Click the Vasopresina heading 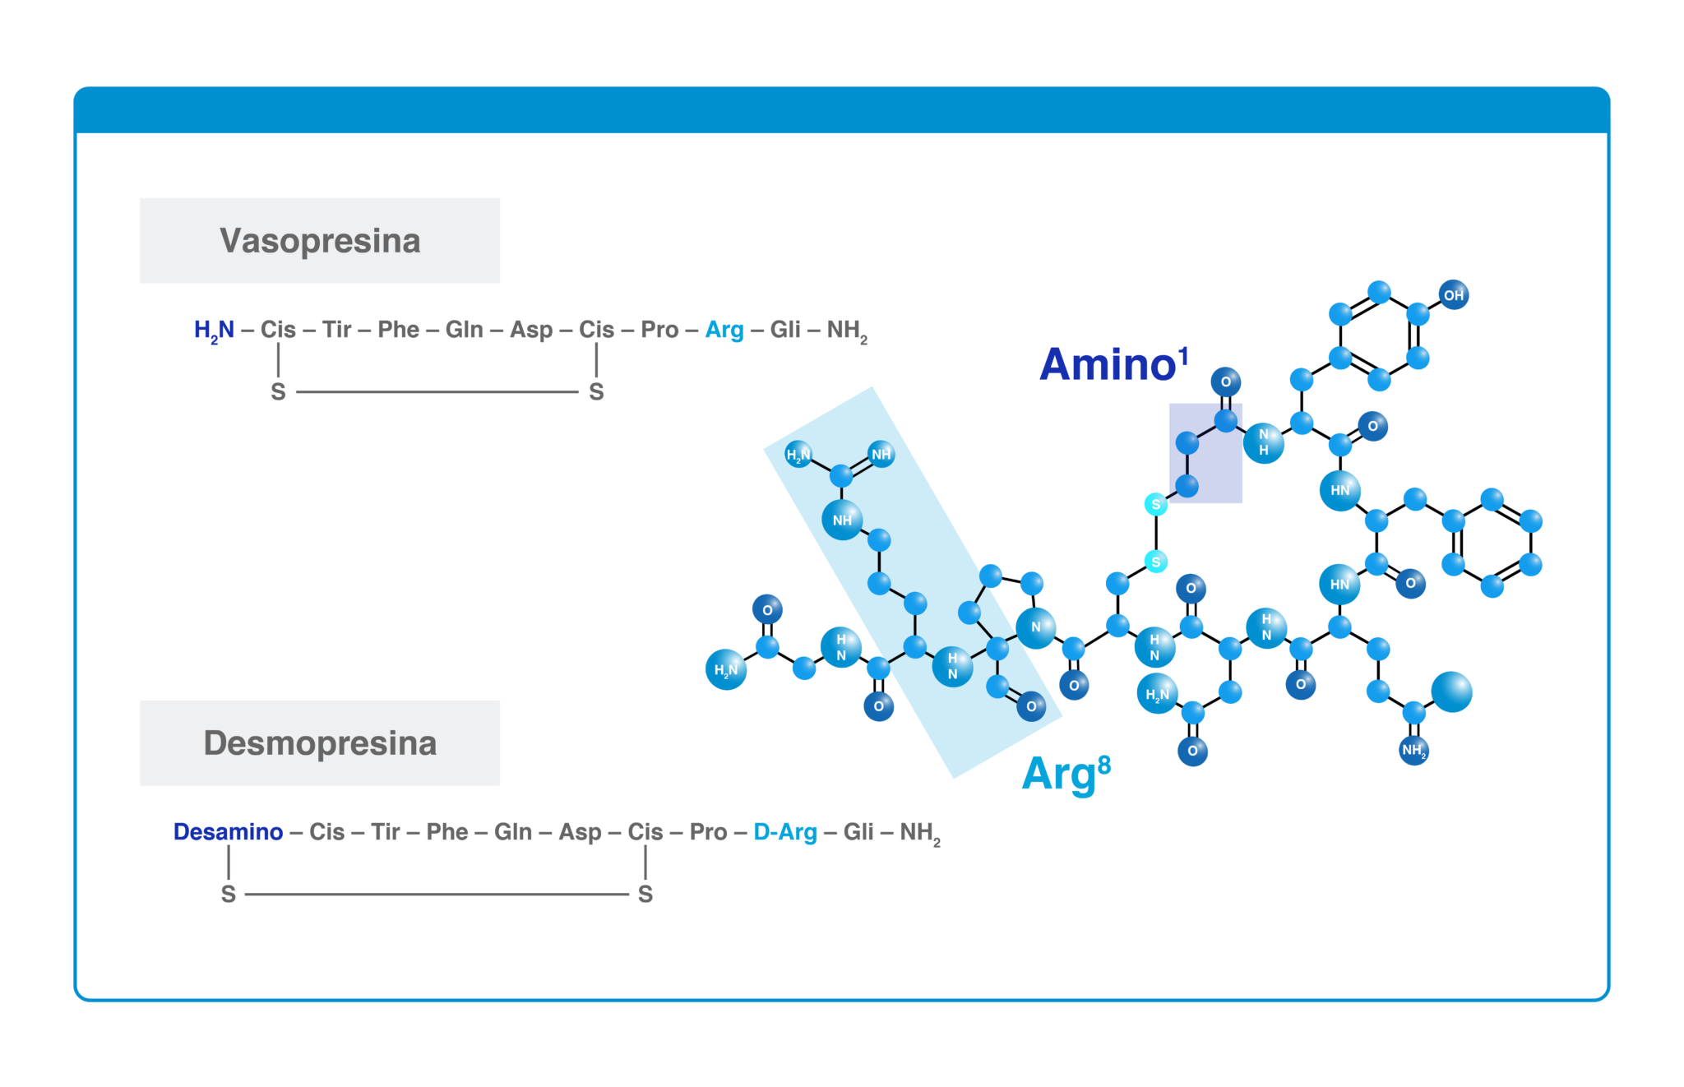[320, 241]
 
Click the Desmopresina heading [320, 743]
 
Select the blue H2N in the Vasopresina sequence [214, 331]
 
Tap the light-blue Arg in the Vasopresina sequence [724, 331]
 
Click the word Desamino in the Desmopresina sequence [228, 832]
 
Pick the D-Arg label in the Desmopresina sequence [785, 833]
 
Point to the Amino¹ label [1114, 363]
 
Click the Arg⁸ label [1066, 774]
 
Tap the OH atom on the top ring [1453, 295]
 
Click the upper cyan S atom [1156, 504]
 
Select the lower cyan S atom [1156, 562]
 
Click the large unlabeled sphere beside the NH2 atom [1451, 692]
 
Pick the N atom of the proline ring [1036, 627]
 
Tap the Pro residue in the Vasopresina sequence [659, 330]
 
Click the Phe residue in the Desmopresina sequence [447, 832]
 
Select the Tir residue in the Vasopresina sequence [337, 330]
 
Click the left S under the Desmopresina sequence [229, 895]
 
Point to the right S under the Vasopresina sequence [596, 392]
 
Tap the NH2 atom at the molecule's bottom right [1413, 750]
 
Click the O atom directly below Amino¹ [1225, 382]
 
